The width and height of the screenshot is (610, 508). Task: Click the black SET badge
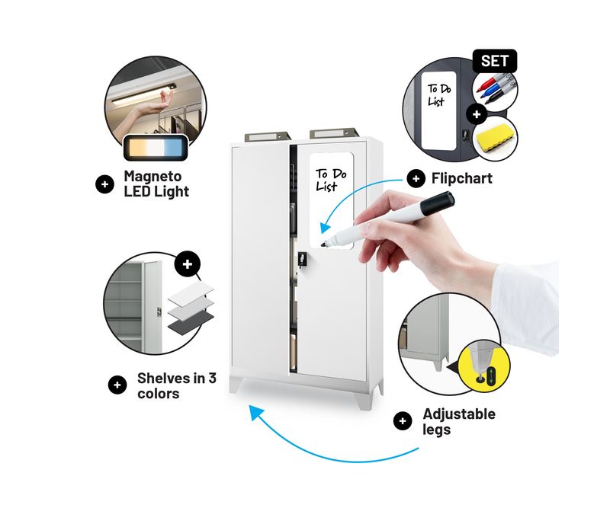click(494, 61)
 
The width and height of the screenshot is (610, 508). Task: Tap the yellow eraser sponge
click(495, 139)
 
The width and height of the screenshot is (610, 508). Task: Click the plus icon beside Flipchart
click(416, 178)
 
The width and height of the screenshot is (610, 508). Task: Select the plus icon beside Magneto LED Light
click(104, 184)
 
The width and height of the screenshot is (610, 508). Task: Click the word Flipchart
click(462, 178)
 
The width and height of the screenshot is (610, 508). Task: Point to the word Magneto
click(152, 176)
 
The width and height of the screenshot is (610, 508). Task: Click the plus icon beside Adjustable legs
click(403, 421)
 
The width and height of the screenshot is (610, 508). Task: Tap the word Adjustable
click(459, 414)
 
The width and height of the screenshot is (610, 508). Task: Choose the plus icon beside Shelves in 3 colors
click(117, 385)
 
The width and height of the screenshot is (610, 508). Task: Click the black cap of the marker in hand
click(437, 203)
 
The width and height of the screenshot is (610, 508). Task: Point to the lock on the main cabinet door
click(302, 259)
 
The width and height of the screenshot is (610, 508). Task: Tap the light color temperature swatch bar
click(156, 147)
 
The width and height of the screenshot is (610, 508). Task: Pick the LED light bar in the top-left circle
click(144, 94)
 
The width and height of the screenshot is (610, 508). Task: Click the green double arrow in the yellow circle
click(491, 377)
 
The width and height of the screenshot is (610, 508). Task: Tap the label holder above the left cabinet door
click(268, 136)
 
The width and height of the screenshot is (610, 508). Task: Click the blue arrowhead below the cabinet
click(256, 412)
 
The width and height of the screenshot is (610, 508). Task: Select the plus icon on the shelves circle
click(188, 264)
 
